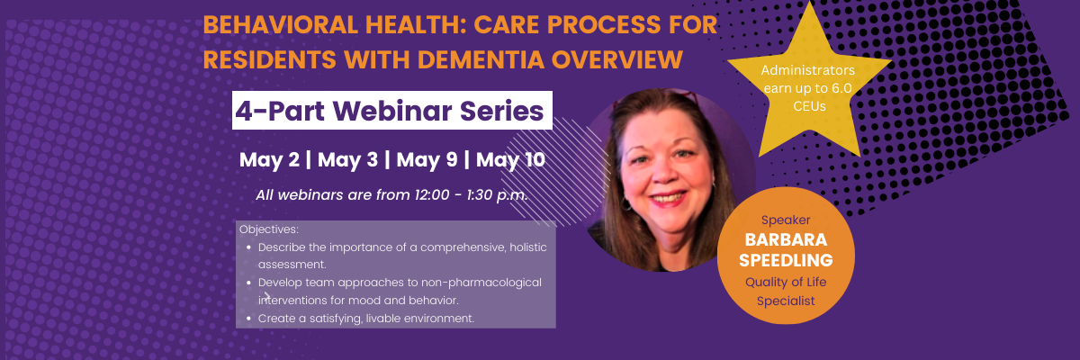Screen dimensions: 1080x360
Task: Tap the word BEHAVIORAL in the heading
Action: coord(280,25)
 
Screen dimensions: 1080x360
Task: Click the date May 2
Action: coord(269,160)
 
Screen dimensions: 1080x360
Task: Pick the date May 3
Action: coord(347,160)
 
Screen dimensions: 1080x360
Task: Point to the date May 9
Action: coord(427,160)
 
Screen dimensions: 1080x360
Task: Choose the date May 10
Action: coord(510,160)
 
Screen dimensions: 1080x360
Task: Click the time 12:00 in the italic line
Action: coord(432,195)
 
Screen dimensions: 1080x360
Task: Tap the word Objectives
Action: coord(269,229)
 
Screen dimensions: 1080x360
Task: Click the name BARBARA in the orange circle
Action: coord(786,240)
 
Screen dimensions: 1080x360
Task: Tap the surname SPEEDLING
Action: coord(786,261)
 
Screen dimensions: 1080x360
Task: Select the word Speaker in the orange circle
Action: coord(786,220)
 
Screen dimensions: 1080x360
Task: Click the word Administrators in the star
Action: coord(808,70)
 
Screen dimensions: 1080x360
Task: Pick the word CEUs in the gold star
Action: coord(809,106)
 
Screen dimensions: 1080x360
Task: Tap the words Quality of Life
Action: coord(786,283)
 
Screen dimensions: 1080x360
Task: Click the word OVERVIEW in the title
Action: coord(617,60)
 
